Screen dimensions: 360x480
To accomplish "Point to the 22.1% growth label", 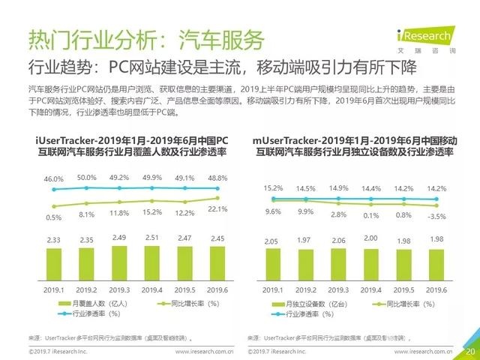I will click(217, 207).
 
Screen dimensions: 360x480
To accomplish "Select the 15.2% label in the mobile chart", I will click(274, 187).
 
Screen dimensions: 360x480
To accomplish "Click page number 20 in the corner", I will click(470, 351).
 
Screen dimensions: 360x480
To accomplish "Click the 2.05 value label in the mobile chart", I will click(274, 241).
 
